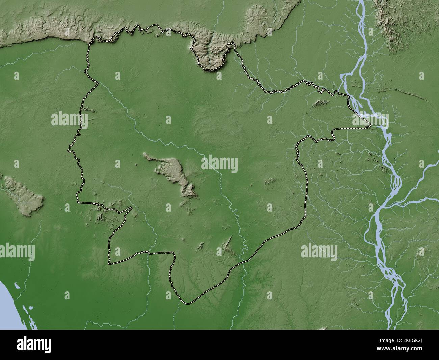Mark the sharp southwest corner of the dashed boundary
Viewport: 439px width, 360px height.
tap(109, 263)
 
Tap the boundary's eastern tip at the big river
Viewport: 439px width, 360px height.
tap(370, 127)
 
